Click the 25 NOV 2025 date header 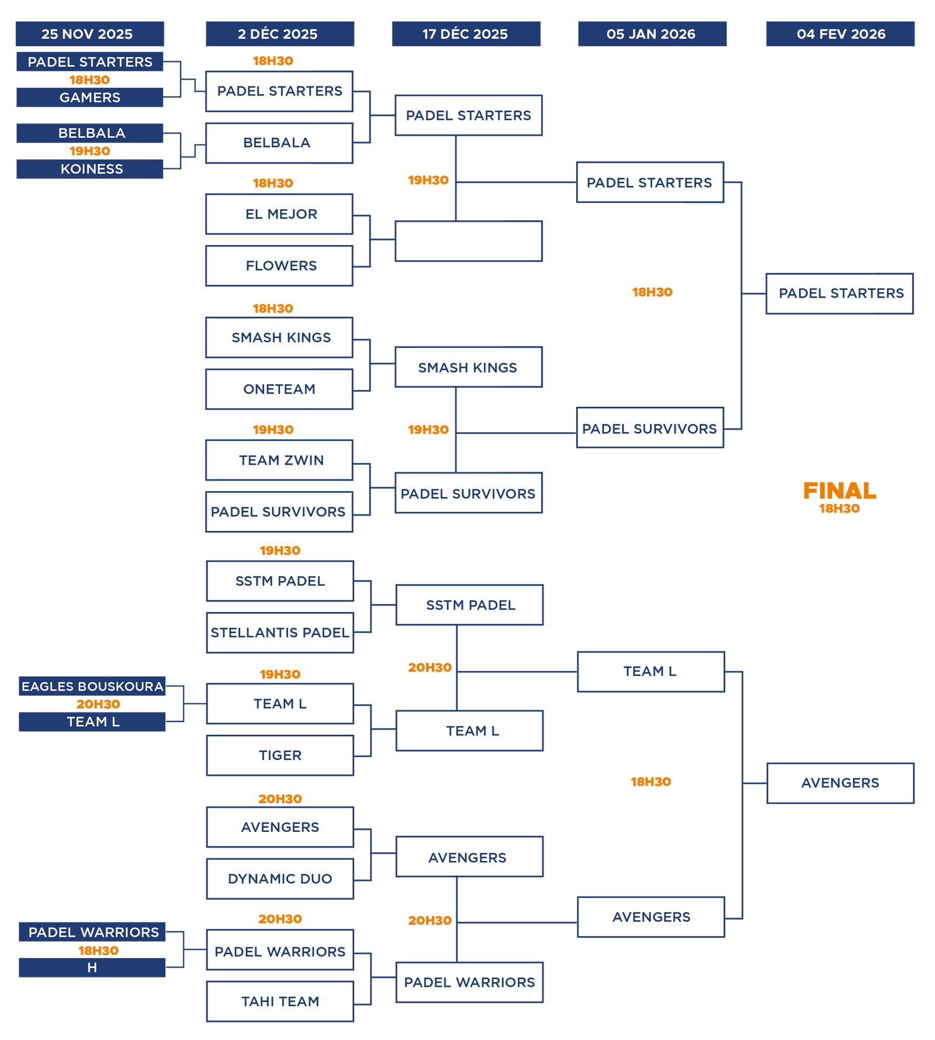(x=89, y=34)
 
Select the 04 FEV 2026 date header (x=840, y=34)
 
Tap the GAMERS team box (x=89, y=98)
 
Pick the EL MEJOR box (x=280, y=214)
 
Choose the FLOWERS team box (x=280, y=266)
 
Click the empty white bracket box (x=468, y=241)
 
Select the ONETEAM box (x=280, y=389)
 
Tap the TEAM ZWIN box (x=280, y=460)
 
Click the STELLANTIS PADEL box (x=280, y=633)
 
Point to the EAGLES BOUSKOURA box (x=92, y=686)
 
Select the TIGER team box (x=280, y=755)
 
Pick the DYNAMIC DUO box (x=280, y=879)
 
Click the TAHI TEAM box (x=280, y=1001)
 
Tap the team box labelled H (x=92, y=968)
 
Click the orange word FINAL (x=840, y=490)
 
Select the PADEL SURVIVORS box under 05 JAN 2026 (x=650, y=429)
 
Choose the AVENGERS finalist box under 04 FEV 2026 (x=840, y=783)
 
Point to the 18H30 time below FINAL (x=840, y=509)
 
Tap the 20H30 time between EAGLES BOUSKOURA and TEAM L (x=98, y=704)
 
